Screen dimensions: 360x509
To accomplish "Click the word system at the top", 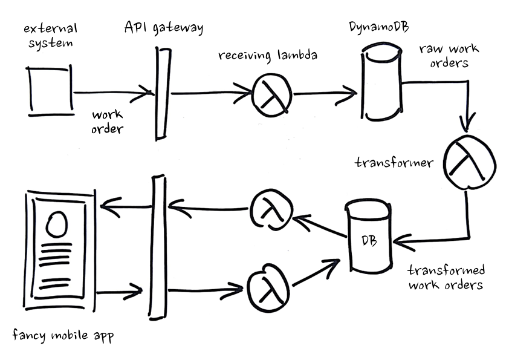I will [x=51, y=44].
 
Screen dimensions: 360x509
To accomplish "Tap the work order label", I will [x=108, y=120].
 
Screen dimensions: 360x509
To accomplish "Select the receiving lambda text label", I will [x=268, y=56].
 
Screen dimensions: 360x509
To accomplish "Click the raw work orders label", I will [x=444, y=56].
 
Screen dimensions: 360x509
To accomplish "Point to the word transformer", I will [x=394, y=163].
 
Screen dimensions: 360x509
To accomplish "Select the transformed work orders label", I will [x=446, y=278].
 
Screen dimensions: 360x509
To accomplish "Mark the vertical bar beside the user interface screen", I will [x=158, y=246].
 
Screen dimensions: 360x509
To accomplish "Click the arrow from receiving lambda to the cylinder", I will [x=325, y=94].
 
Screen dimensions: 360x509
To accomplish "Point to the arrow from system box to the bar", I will [x=112, y=93].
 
